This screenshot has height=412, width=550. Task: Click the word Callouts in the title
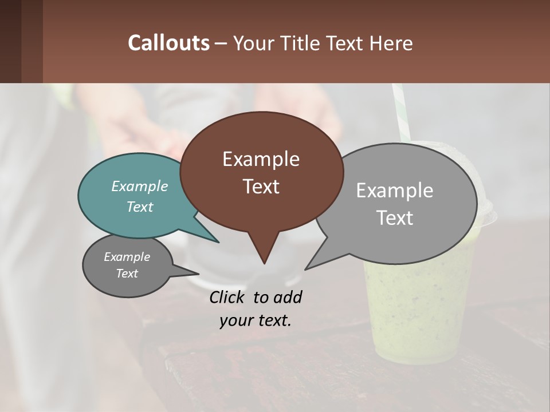coord(168,43)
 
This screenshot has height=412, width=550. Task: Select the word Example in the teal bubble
coord(139,186)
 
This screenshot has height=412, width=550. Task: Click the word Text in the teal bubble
coord(139,207)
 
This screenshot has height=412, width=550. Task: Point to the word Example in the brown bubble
coord(261,159)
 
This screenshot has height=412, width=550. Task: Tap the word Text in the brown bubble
coord(261,187)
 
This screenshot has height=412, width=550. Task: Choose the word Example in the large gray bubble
coord(395,191)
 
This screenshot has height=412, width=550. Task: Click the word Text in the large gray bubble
coord(395,218)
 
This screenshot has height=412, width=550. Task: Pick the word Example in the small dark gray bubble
coord(127,257)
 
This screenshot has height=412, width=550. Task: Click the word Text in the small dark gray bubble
coord(127,274)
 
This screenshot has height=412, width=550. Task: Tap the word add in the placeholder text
coord(288,298)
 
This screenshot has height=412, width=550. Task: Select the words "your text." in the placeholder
coord(256,320)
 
